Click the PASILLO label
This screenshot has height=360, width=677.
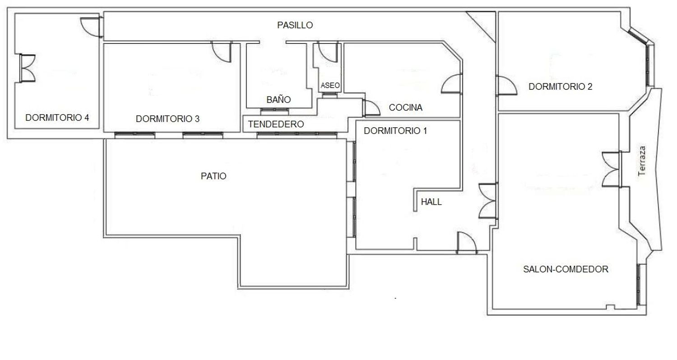pos(295,25)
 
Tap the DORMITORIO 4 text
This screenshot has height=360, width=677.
pos(57,118)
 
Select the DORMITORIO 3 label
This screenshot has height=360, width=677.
pos(168,119)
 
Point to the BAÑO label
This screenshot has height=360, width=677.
pos(278,99)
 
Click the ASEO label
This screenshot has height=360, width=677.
pos(330,85)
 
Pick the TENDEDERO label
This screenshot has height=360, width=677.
pos(276,124)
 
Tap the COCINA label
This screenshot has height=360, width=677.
pos(406,107)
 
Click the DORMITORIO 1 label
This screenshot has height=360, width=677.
pos(395,131)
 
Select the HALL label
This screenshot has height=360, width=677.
pos(431,202)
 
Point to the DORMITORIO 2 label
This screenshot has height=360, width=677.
pos(561,87)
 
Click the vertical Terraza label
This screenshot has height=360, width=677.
pos(642,161)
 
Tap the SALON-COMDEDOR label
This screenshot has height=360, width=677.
pos(566,269)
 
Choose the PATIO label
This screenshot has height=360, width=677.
pos(213,176)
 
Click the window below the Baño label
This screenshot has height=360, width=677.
pos(274,111)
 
